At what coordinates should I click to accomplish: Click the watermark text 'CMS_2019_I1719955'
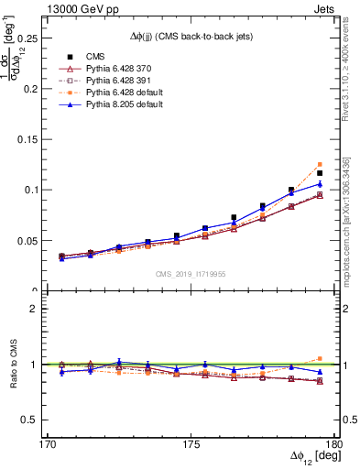190,273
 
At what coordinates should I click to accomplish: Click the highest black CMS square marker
320,173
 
